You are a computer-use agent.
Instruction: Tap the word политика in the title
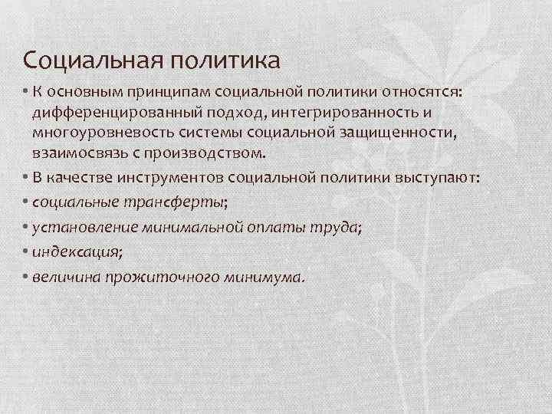227,60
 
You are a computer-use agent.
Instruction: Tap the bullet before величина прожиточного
26,276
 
